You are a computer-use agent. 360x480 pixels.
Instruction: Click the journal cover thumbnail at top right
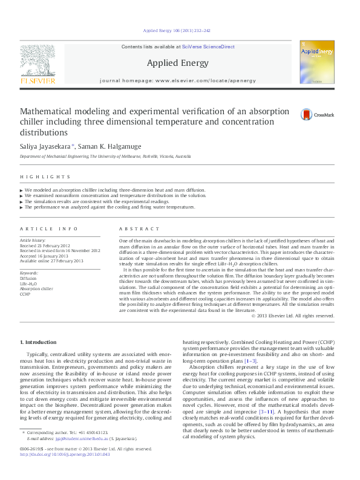tap(317, 65)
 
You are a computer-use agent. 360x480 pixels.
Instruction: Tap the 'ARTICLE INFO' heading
tap(49, 229)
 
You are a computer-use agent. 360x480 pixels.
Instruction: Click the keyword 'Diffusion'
tap(28, 278)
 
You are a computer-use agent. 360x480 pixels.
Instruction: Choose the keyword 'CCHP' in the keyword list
tap(25, 294)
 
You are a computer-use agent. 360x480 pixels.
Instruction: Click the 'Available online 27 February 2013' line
tap(51, 261)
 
